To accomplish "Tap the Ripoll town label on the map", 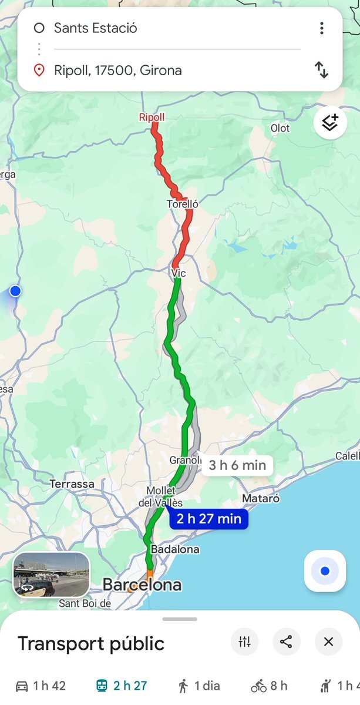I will point(152,117).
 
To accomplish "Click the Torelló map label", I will point(182,204).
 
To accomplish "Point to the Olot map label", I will point(280,128).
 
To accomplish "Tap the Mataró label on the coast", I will point(260,499).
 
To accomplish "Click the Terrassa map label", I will point(72,484).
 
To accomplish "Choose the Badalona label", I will point(175,549).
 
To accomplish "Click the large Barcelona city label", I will point(142,585).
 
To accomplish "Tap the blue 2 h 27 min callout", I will point(209,519).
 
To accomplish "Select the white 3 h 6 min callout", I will point(237,465).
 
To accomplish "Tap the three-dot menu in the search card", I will point(321,28).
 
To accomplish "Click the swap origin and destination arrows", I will point(321,70).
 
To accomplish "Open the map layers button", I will point(330,123).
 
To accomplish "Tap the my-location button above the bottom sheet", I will point(325,571).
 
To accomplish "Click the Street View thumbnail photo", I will point(52,575).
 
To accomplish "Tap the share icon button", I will point(286,642).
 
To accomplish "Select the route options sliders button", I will point(244,642).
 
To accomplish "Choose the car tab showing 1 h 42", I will point(41,686).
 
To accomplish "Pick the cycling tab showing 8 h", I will point(270,686).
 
